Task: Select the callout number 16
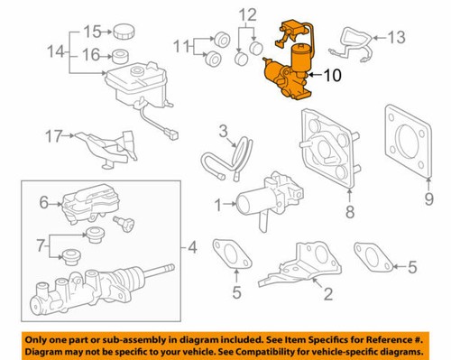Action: (90, 55)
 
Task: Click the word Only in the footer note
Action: (46, 336)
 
